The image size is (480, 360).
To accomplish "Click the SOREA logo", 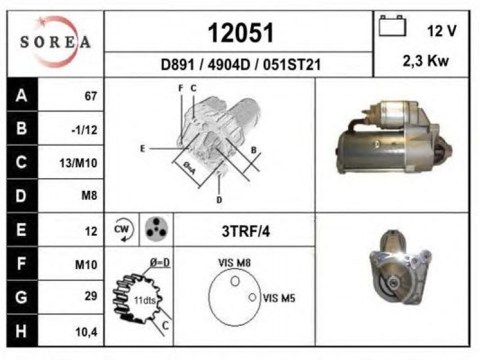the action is tap(55, 42).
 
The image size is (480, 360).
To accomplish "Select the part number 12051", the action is tap(241, 33).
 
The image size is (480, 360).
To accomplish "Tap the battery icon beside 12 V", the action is tap(392, 26).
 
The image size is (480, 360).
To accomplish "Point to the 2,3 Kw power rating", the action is tap(426, 61).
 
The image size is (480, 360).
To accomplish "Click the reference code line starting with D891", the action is tap(241, 65).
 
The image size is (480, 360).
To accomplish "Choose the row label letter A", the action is tap(22, 95).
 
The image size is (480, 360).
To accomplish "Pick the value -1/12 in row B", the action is tap(85, 130).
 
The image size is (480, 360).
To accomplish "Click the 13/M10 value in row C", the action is tap(79, 163).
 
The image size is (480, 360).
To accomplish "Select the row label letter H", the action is tap(21, 331).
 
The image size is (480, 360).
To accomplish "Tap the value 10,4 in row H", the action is tap(86, 332).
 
